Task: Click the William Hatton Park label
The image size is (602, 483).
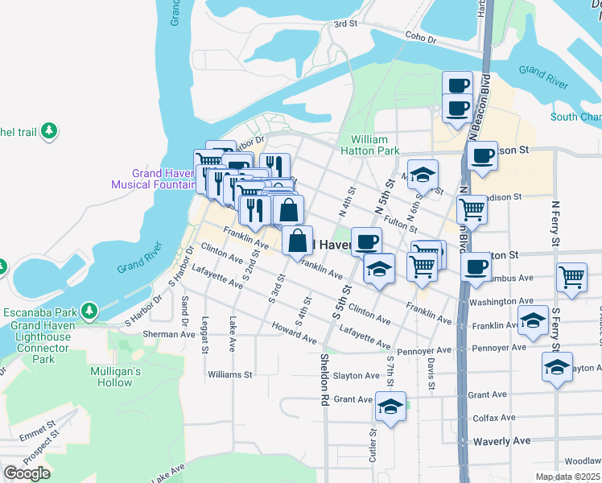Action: point(370,145)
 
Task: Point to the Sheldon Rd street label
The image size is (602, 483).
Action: point(324,378)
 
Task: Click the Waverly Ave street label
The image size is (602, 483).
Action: point(501,441)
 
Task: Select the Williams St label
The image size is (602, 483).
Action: point(229,375)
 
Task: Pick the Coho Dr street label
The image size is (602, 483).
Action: point(419,38)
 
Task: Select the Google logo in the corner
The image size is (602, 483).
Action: point(27,473)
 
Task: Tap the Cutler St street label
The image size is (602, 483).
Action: point(373,443)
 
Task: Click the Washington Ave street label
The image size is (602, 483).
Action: point(501,302)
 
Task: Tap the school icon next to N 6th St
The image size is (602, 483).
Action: point(422,174)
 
